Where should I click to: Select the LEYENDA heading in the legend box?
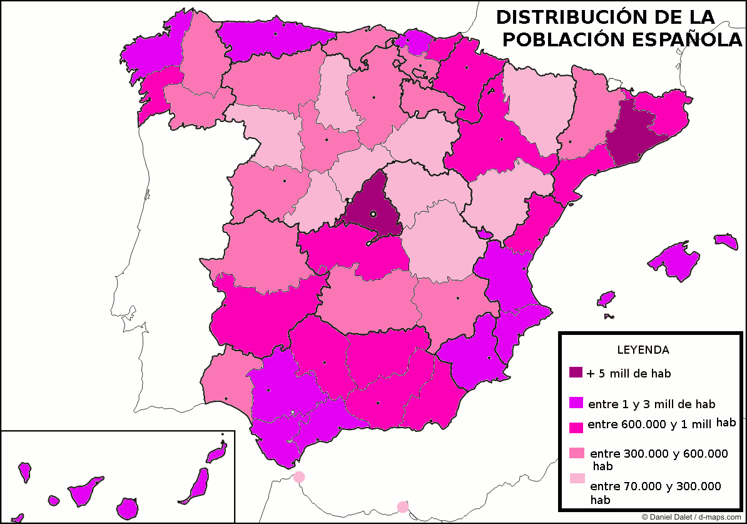coord(643,350)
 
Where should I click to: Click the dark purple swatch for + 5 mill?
coord(576,373)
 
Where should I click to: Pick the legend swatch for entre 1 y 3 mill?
coord(576,403)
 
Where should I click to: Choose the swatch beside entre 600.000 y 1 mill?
coord(576,428)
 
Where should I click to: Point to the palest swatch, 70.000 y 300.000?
coord(576,479)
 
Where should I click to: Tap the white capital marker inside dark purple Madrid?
coord(373,214)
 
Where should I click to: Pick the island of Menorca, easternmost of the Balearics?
coord(726,242)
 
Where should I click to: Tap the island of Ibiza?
coord(606,299)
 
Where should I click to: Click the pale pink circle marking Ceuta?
coord(299,477)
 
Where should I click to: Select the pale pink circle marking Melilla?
coord(403,506)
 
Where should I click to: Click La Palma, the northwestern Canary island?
coord(25,471)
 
